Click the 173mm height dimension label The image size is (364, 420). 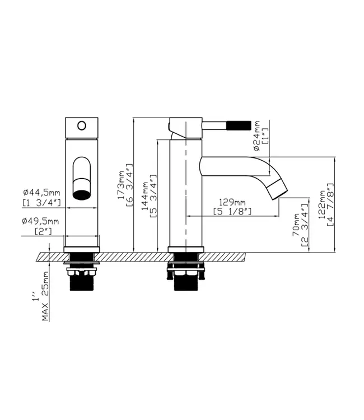pos(122,185)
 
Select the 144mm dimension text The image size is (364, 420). pos(145,196)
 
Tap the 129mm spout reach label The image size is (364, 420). pos(232,202)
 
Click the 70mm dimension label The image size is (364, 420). pos(296,225)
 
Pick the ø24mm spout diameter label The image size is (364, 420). pos(256,136)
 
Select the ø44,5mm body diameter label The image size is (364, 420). pos(41,192)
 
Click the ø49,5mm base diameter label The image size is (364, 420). pos(40,221)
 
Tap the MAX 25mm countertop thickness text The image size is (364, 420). pos(45,296)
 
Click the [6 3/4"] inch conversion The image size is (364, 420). pos(129,185)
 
